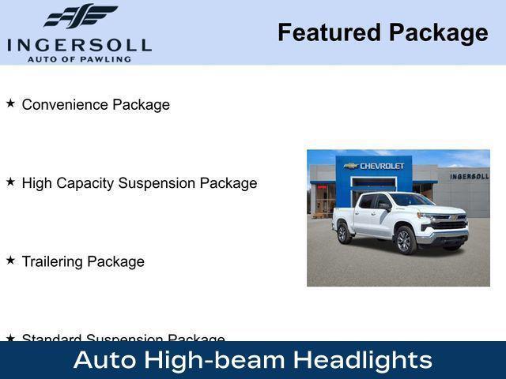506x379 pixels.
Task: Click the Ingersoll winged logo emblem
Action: tap(80, 17)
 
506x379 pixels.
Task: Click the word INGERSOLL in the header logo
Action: tap(79, 43)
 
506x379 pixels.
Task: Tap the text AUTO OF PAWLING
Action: tap(79, 58)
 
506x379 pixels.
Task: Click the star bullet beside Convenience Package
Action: tap(10, 103)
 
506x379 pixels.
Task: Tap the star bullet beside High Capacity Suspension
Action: tap(10, 181)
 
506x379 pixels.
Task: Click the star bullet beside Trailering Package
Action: tap(10, 259)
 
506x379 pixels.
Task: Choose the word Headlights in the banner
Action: tap(363, 360)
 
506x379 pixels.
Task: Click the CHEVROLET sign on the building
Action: tap(378, 166)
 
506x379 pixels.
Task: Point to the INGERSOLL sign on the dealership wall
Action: tap(469, 175)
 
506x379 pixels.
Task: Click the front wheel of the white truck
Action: tap(406, 239)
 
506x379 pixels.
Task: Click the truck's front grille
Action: tap(448, 226)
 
